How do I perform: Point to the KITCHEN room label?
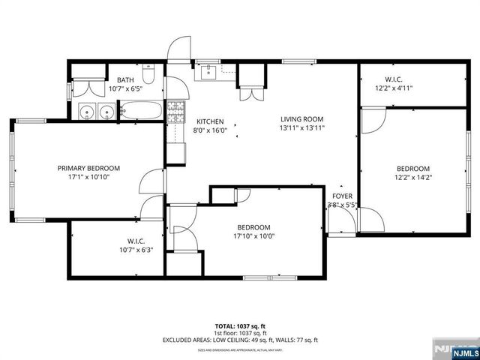coord(210,121)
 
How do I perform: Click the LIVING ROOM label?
coord(301,118)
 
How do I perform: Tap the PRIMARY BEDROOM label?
coord(88,169)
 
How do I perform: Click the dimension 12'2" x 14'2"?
coord(413,177)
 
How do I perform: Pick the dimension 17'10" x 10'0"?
coord(254,236)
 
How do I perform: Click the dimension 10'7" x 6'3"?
coord(135,250)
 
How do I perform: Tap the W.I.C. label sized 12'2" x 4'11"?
coord(394,88)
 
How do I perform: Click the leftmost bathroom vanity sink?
coord(88,113)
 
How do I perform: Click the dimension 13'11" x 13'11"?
coord(301,127)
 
